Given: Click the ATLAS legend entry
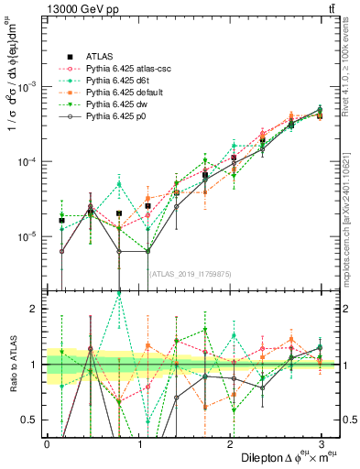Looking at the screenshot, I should point(96,56).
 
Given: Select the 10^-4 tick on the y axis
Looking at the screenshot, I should point(29,162).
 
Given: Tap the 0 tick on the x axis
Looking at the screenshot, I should point(47,444).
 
